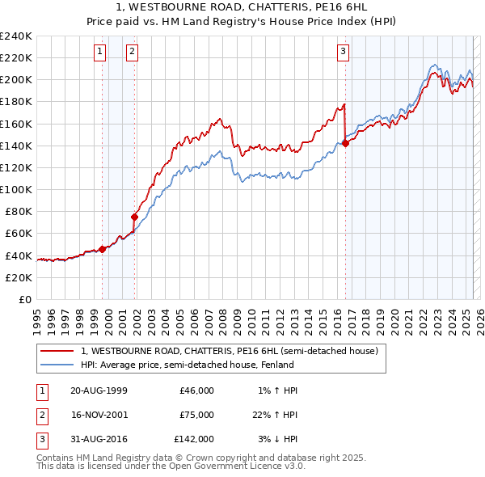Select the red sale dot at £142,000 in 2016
point(345,143)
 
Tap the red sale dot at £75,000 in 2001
point(135,217)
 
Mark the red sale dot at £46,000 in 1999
point(103,249)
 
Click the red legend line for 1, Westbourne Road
point(57,351)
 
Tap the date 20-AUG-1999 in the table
point(99,390)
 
